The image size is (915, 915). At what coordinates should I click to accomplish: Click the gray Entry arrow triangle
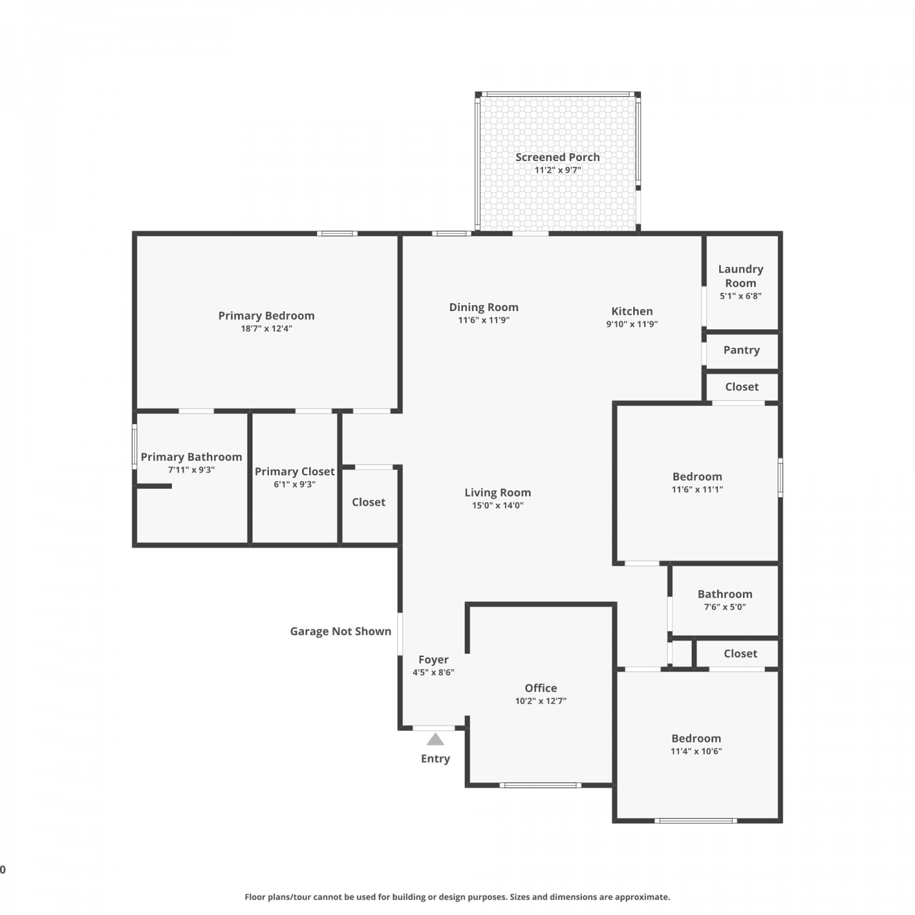tap(435, 739)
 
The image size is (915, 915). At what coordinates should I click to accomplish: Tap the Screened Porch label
tap(558, 157)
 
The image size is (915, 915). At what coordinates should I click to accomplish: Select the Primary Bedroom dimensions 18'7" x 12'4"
tap(267, 328)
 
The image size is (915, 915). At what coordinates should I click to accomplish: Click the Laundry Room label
tap(741, 276)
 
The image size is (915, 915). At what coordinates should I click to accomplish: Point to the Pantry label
tap(742, 350)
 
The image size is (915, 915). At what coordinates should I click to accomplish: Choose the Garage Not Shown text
tap(340, 631)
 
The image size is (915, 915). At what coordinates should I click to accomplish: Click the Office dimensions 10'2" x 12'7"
tap(540, 701)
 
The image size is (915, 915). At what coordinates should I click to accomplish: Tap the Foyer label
tap(434, 660)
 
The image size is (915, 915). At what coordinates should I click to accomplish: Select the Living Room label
tap(498, 492)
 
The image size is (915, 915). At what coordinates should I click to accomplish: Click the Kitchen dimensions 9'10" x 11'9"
tap(632, 324)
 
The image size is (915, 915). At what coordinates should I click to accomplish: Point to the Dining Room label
tap(484, 307)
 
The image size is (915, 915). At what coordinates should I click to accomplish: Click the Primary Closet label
tap(295, 472)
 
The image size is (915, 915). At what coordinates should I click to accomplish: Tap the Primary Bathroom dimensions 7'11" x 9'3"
tap(192, 470)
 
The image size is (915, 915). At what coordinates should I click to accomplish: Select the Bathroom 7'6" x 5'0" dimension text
tap(725, 607)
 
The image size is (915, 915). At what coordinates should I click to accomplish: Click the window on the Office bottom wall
tap(540, 785)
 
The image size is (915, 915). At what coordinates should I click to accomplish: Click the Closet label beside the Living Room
tap(368, 502)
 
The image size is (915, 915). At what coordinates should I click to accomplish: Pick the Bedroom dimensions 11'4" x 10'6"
tap(696, 752)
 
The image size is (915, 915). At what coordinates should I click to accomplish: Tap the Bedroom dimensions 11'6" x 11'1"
tap(697, 489)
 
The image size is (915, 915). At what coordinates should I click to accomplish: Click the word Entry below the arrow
tap(436, 759)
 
